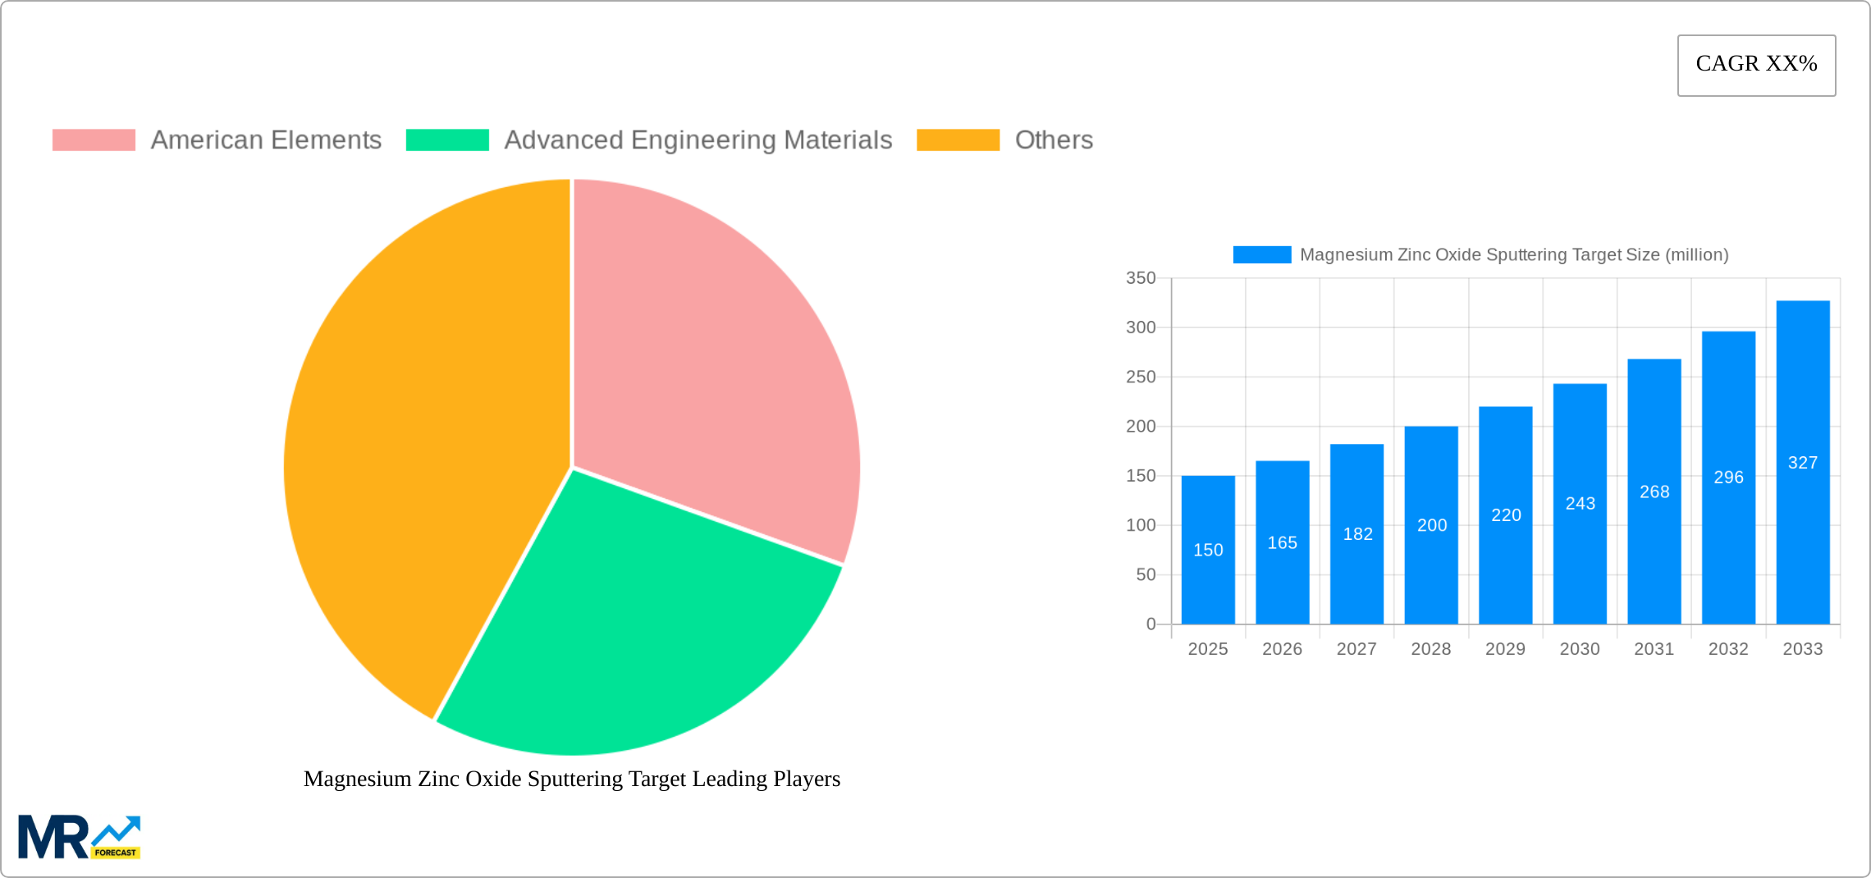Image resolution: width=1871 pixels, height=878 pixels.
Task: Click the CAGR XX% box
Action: tap(1756, 65)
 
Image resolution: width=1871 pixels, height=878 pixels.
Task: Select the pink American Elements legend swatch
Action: tap(94, 140)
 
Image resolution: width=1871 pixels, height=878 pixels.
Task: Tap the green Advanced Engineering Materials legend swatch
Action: tap(447, 140)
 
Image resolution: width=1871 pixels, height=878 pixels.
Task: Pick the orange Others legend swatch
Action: tap(958, 140)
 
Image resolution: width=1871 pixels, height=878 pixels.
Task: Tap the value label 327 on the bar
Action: tap(1803, 463)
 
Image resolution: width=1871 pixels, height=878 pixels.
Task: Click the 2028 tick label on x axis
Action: tap(1431, 649)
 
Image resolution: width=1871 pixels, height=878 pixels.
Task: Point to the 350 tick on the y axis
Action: tap(1141, 278)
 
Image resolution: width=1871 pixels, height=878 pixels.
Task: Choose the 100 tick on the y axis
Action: tap(1141, 525)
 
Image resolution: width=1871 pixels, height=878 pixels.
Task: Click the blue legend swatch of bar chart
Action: tap(1262, 255)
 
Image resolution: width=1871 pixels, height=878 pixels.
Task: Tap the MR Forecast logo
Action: tap(80, 837)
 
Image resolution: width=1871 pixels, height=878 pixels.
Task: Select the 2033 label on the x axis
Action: tap(1803, 649)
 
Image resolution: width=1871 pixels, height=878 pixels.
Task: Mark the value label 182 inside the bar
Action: tap(1357, 534)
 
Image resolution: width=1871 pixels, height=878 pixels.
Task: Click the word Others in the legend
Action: tap(1054, 140)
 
